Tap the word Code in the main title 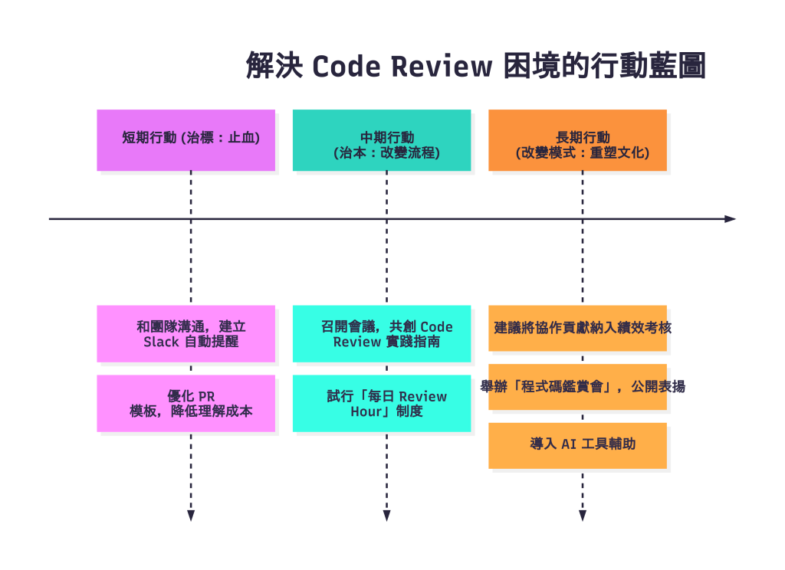coord(346,67)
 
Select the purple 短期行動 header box coord(186,139)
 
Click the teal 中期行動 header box coord(382,139)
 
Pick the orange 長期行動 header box coord(577,139)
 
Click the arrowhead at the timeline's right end coord(730,219)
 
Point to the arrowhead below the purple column coord(191,516)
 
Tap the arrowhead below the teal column coord(386,516)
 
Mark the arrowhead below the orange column coord(583,516)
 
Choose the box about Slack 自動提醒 coord(186,334)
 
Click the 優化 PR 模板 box coord(186,404)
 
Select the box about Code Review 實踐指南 coord(382,334)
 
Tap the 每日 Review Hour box coord(382,404)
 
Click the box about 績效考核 coord(577,328)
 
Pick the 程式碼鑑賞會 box coord(577,387)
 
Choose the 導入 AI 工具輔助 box coord(577,445)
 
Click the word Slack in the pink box coord(161,342)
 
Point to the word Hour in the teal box coord(356,411)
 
